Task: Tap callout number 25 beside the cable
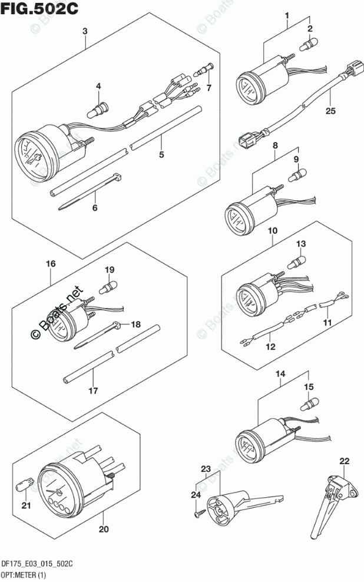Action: coord(329,110)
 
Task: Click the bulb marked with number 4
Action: coord(98,109)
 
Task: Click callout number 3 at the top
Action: coord(85,31)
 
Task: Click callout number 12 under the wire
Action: coord(270,347)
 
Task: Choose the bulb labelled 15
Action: coord(307,403)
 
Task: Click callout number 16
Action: coord(51,263)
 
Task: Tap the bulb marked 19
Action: coord(108,287)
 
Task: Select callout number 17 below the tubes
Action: coord(92,390)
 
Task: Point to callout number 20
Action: coord(104,529)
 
